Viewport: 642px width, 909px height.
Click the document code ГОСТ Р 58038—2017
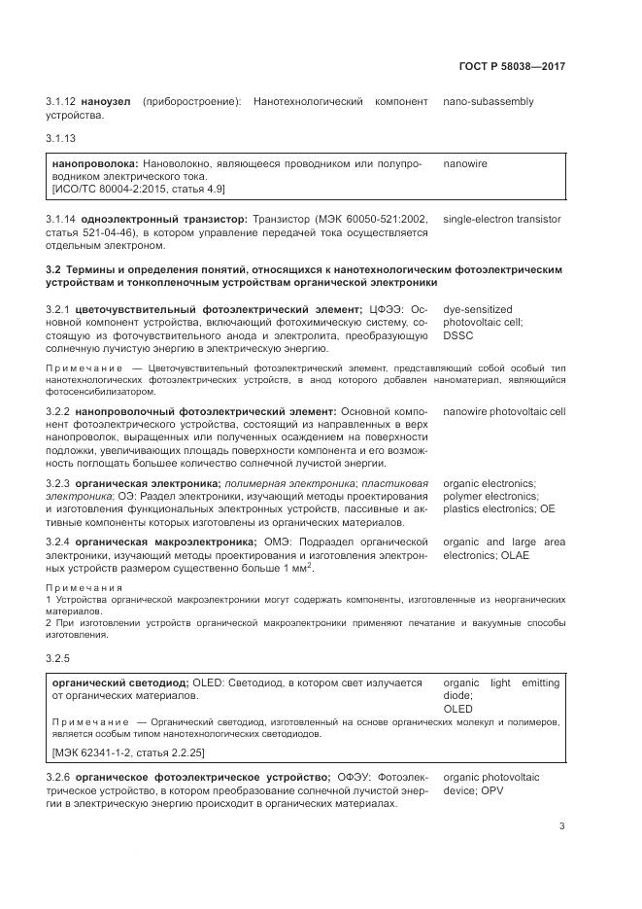point(511,67)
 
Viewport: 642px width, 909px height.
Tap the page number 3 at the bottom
point(561,826)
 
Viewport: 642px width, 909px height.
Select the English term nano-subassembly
point(489,102)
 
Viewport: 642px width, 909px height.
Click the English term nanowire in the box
point(465,163)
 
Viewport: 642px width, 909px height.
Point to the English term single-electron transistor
point(501,219)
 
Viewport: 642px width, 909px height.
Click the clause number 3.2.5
point(58,659)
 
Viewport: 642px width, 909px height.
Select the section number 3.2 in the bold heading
point(53,268)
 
